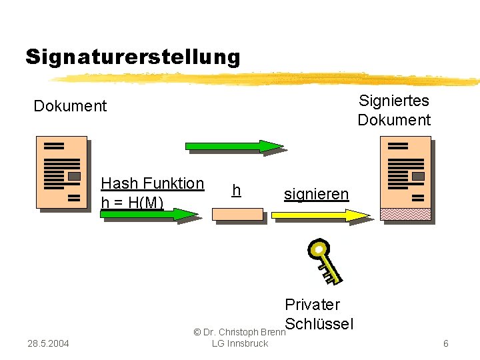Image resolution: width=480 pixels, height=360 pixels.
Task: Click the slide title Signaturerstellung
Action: pyautogui.click(x=133, y=57)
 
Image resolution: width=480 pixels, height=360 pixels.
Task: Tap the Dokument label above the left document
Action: pyautogui.click(x=70, y=106)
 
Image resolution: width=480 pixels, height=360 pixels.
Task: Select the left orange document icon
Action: pyautogui.click(x=61, y=172)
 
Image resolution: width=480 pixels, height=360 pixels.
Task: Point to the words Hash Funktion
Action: pyautogui.click(x=152, y=183)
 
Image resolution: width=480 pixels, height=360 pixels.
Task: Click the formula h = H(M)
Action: pyautogui.click(x=132, y=202)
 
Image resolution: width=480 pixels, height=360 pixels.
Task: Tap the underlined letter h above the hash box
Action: pyautogui.click(x=235, y=191)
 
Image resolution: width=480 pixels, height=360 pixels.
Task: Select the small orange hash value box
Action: pyautogui.click(x=237, y=214)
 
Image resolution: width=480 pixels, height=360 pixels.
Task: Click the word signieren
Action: pyautogui.click(x=316, y=194)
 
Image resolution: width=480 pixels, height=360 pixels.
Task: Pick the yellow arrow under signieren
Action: pyautogui.click(x=321, y=215)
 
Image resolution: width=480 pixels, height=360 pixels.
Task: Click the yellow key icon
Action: pyautogui.click(x=323, y=259)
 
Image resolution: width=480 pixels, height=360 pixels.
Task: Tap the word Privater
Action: pyautogui.click(x=312, y=305)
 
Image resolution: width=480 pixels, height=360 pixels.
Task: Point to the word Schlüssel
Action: pyautogui.click(x=319, y=324)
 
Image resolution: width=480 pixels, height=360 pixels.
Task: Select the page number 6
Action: pyautogui.click(x=445, y=343)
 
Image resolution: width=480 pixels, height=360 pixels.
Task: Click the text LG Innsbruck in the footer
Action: pyautogui.click(x=239, y=343)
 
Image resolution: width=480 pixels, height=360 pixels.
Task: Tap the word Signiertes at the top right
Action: pyautogui.click(x=393, y=101)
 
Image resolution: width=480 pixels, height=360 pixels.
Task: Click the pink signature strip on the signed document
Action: pyautogui.click(x=405, y=214)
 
